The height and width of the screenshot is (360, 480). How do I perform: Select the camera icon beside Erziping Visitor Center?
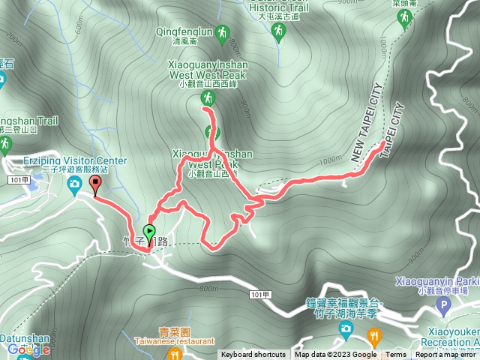point(75,184)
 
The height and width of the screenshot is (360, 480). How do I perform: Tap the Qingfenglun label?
point(184,32)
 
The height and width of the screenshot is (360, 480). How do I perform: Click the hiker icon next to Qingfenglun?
point(221,32)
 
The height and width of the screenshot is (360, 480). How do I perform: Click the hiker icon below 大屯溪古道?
point(279,31)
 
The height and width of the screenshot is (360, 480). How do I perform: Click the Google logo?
point(28,349)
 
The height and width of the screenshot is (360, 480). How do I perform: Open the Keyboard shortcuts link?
point(253,355)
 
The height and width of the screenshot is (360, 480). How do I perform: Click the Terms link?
point(396,355)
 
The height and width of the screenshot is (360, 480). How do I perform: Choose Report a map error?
point(445,355)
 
